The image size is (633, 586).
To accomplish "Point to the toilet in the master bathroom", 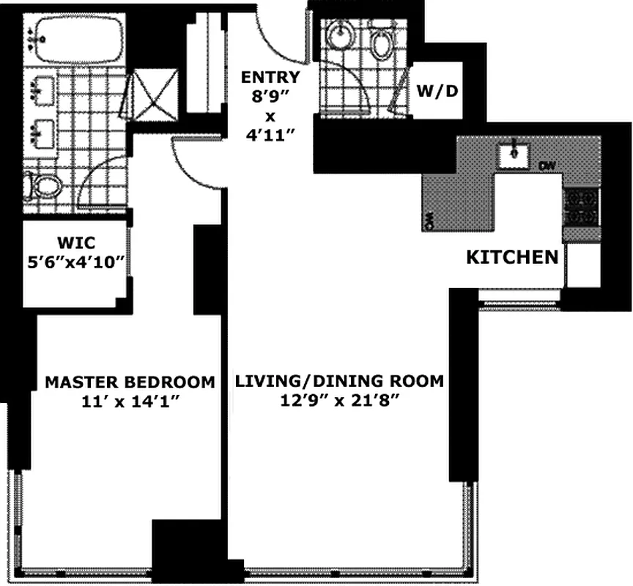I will click(44, 186).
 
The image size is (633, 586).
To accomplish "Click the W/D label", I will click(437, 92).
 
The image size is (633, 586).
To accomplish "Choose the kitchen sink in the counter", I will click(514, 154).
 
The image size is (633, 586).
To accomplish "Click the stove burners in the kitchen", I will click(581, 207).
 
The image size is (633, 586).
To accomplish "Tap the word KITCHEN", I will click(512, 257).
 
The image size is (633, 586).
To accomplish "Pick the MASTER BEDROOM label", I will click(130, 382).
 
